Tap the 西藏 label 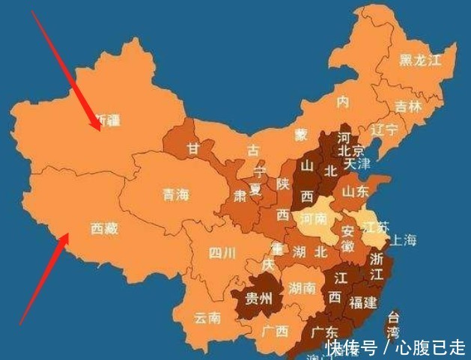pyautogui.click(x=105, y=228)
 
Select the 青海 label pyautogui.click(x=177, y=195)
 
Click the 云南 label pyautogui.click(x=207, y=317)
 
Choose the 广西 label pyautogui.click(x=276, y=331)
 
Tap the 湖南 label pyautogui.click(x=302, y=288)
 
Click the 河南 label pyautogui.click(x=314, y=219)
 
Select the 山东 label pyautogui.click(x=356, y=192)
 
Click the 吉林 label pyautogui.click(x=409, y=106)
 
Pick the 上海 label pyautogui.click(x=402, y=240)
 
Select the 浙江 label pyautogui.click(x=377, y=263)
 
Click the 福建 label pyautogui.click(x=364, y=302)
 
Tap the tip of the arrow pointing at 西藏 pyautogui.click(x=67, y=234)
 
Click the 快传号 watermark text pyautogui.click(x=352, y=347)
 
